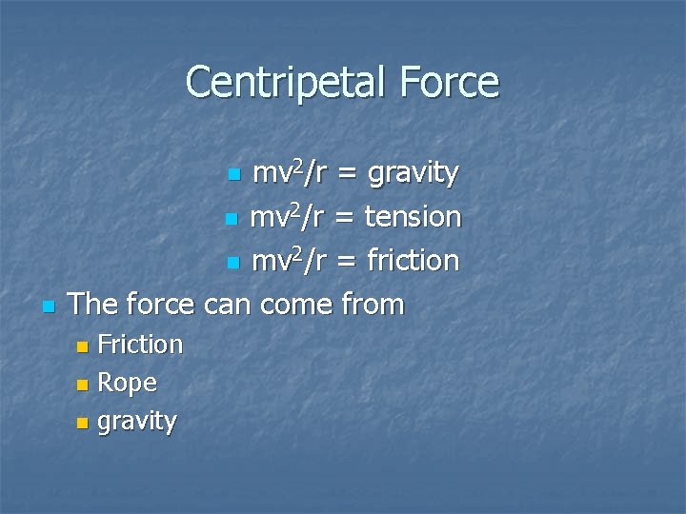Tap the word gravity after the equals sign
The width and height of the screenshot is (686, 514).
[x=414, y=174]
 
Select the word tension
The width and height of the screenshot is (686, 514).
[x=414, y=217]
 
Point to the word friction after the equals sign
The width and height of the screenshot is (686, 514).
[x=414, y=260]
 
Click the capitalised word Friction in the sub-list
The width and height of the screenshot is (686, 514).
[x=140, y=344]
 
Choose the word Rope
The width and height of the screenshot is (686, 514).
[x=128, y=384]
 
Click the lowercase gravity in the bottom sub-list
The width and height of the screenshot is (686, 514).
[x=137, y=422]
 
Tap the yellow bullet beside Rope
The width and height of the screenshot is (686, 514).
[x=81, y=385]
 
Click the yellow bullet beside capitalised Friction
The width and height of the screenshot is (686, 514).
[x=81, y=346]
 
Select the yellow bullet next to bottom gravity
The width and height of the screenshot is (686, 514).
[x=81, y=423]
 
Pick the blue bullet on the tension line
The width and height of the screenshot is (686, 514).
[x=230, y=219]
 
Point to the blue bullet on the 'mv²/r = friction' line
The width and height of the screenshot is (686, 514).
[x=232, y=263]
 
